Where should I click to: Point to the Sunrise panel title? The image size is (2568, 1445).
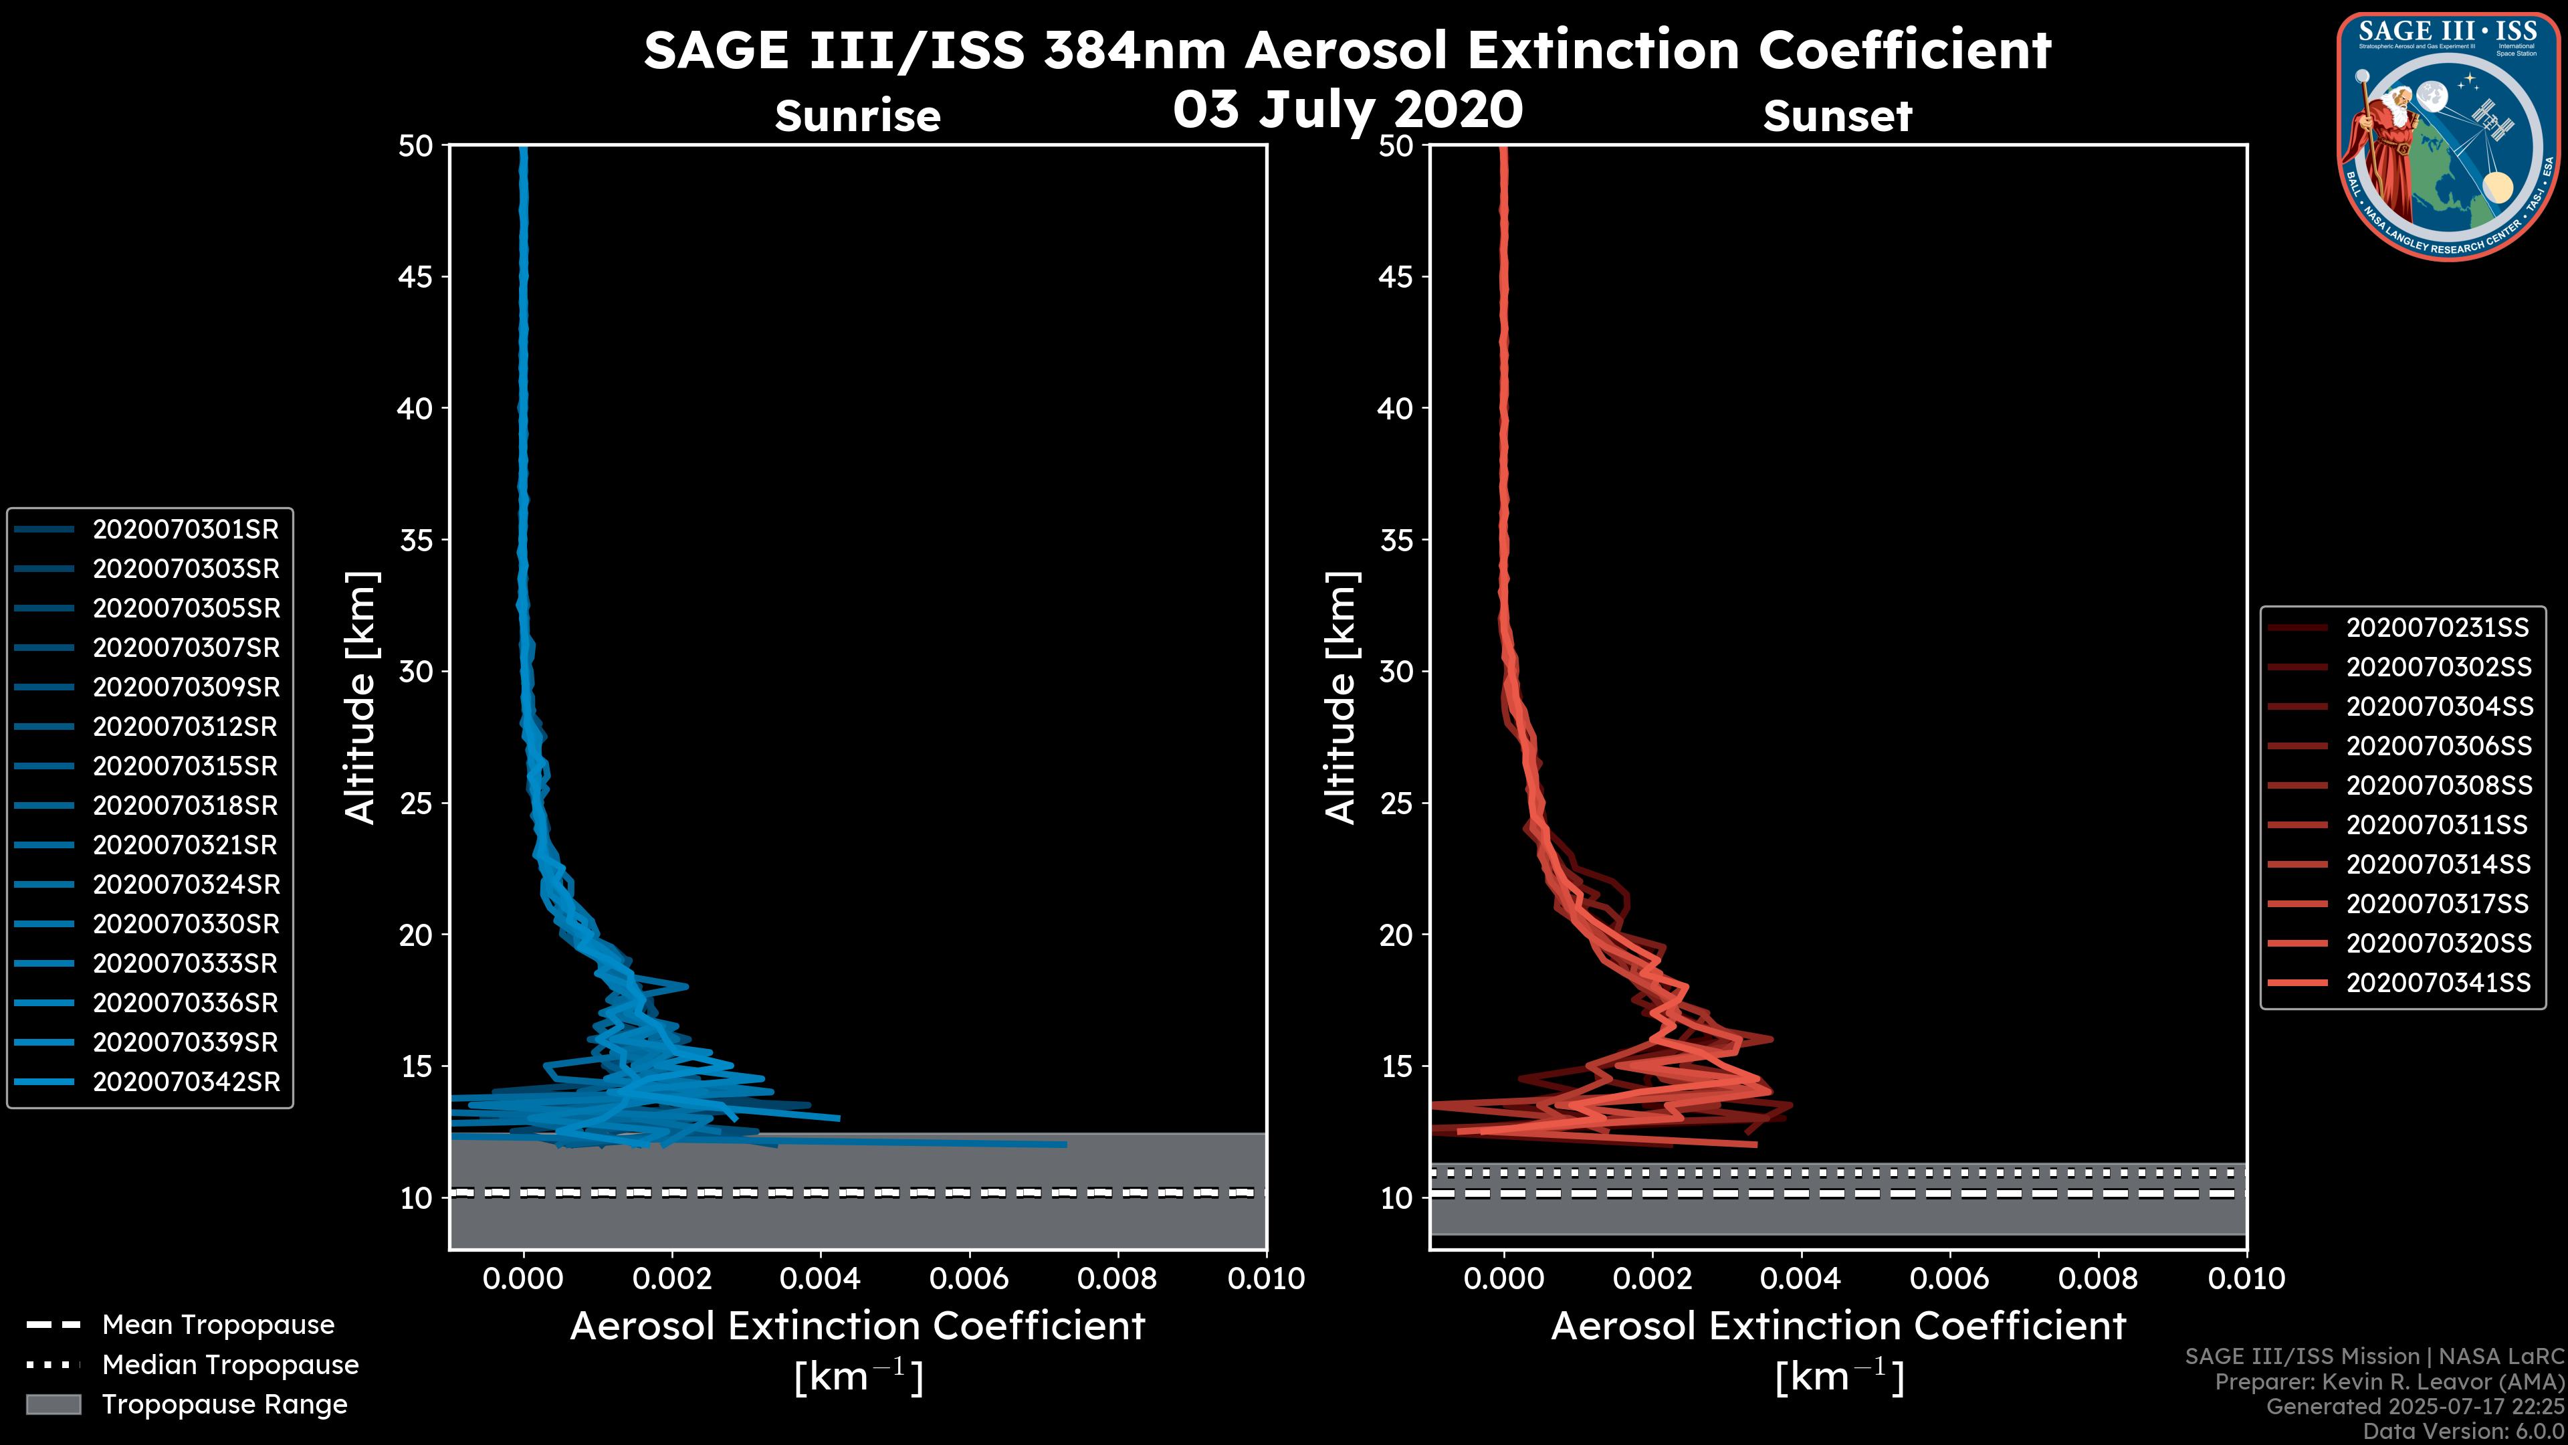coord(857,116)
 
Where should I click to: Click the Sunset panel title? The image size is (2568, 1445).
coord(1837,116)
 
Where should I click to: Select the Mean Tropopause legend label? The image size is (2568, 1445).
coord(218,1325)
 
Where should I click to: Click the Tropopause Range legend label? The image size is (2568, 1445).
coord(224,1404)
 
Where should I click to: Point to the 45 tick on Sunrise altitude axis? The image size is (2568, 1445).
coord(416,276)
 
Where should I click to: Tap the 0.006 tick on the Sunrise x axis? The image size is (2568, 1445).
coord(969,1278)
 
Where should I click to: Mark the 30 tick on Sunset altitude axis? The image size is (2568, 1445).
coord(1396,671)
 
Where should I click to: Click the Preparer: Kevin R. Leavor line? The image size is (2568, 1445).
coord(2389,1382)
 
